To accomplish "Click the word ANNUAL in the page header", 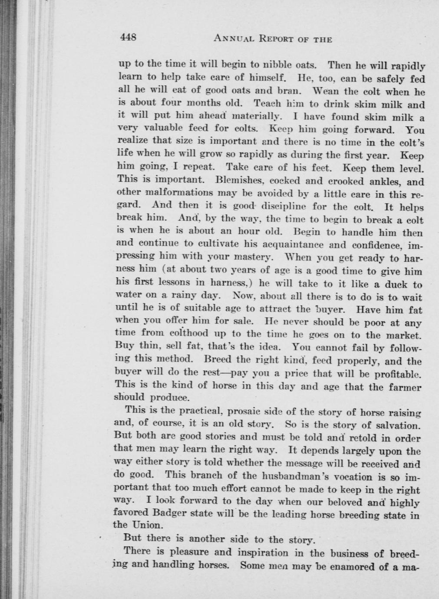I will click(x=234, y=39).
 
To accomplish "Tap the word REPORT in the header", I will click(x=277, y=39).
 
